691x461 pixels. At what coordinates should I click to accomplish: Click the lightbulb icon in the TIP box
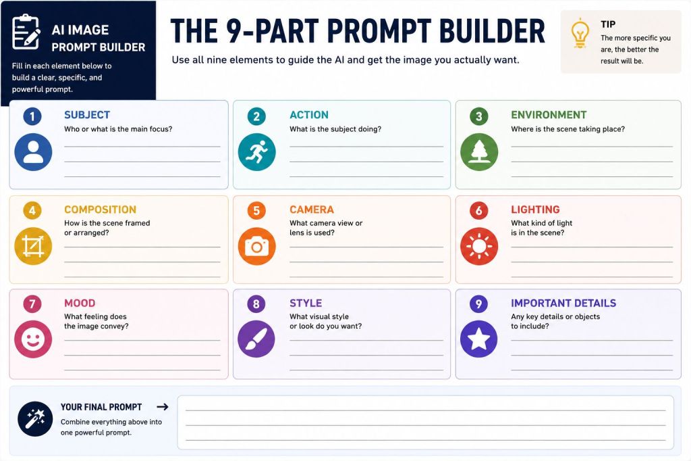click(580, 33)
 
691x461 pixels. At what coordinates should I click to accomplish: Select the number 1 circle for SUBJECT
click(32, 116)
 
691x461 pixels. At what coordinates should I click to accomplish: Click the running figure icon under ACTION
click(257, 152)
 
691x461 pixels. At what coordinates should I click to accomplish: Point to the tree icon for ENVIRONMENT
click(479, 152)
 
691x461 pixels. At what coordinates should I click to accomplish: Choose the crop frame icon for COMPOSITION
click(33, 246)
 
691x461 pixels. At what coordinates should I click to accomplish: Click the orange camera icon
click(257, 246)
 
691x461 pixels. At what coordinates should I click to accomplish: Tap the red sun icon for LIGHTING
click(479, 246)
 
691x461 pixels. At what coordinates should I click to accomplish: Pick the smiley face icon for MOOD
click(33, 339)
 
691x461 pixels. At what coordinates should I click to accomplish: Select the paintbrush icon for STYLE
click(256, 339)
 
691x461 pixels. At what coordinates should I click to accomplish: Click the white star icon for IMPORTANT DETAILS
click(479, 339)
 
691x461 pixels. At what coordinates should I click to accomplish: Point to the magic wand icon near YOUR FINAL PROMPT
click(35, 418)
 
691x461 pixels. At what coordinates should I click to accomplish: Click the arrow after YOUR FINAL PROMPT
click(163, 407)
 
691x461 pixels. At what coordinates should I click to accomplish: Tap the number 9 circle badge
click(478, 304)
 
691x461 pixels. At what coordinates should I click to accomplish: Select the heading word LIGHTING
click(535, 210)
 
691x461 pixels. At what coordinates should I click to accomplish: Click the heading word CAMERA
click(312, 210)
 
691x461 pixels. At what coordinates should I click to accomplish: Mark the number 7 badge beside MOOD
click(32, 304)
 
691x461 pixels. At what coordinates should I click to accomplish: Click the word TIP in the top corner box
click(608, 24)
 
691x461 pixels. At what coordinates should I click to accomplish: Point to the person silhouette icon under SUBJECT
click(33, 152)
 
